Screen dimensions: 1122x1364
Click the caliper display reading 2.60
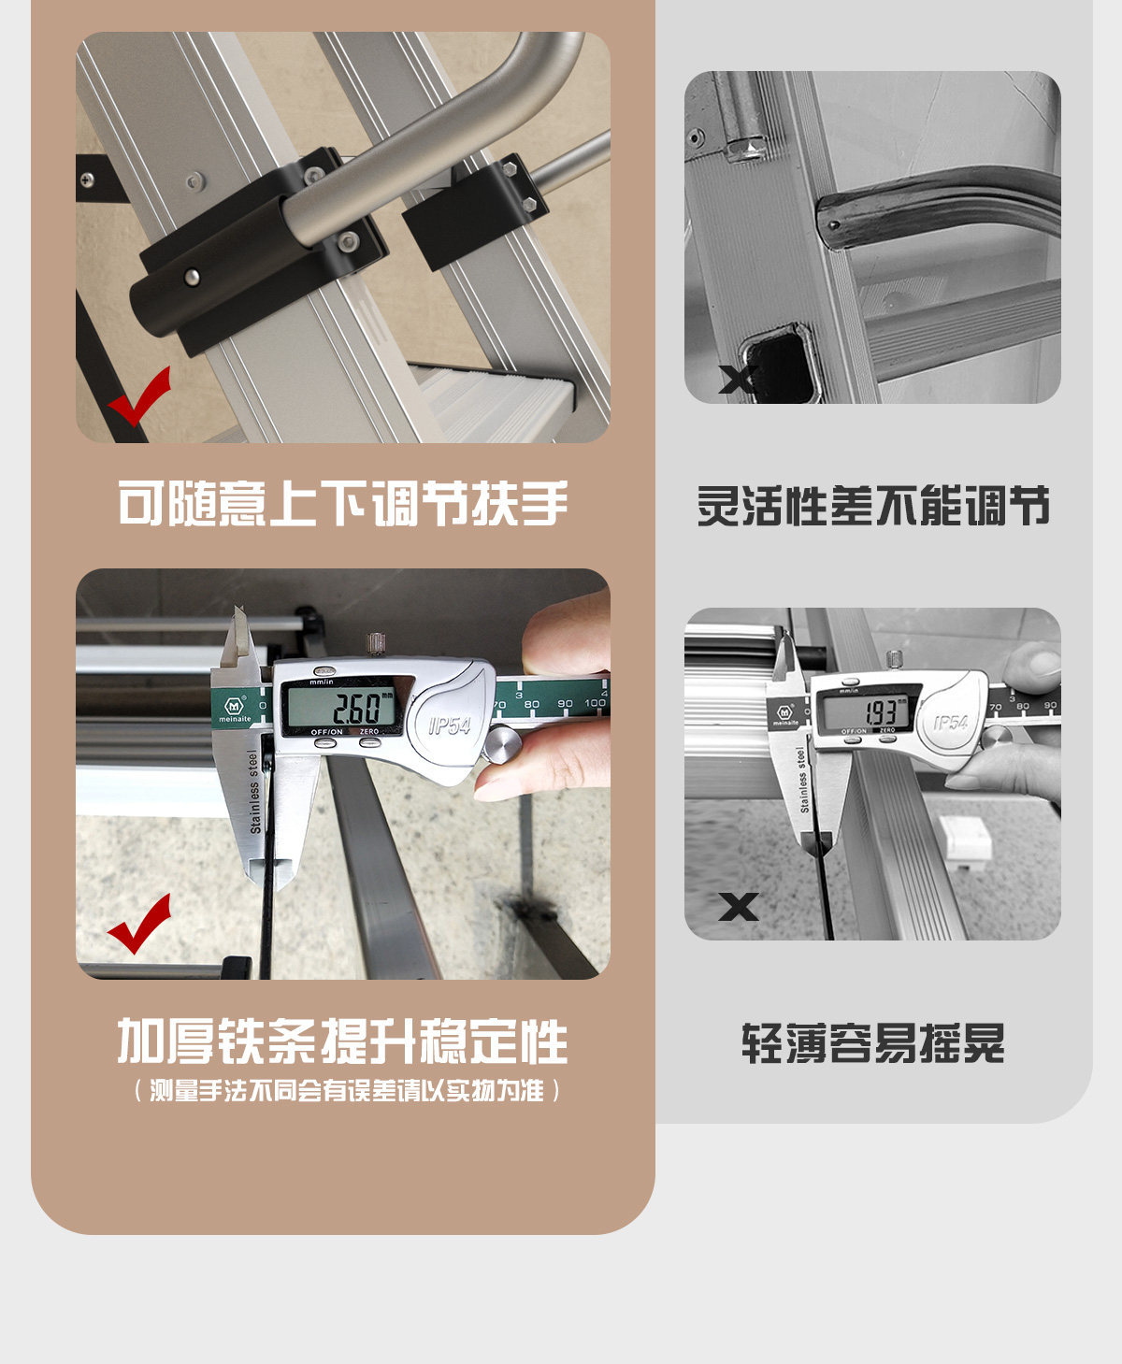(340, 706)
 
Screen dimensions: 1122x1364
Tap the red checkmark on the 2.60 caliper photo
(139, 923)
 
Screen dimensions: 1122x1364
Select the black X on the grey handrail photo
(738, 379)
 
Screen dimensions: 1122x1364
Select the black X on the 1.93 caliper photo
(738, 907)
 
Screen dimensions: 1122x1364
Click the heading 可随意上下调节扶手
(343, 503)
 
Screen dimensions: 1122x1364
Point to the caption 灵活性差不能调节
(873, 505)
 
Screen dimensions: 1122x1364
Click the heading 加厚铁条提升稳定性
(343, 1041)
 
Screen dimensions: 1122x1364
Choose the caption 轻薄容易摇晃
(873, 1042)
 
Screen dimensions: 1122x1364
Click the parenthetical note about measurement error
(347, 1091)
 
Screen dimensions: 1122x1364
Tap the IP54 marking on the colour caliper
(450, 725)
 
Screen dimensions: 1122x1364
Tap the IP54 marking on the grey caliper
(951, 722)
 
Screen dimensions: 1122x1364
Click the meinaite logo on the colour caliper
(234, 709)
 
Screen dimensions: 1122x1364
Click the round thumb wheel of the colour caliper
(500, 744)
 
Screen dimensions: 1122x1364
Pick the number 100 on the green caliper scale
(595, 703)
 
